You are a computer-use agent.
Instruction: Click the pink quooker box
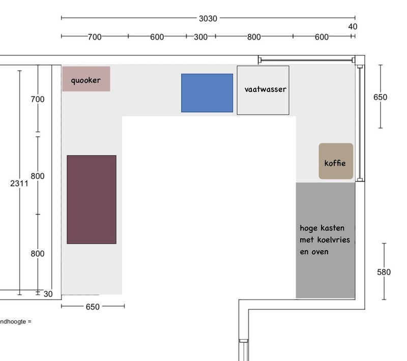pos(86,79)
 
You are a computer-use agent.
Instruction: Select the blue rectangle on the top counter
pos(207,93)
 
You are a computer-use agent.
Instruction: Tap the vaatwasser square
pos(263,90)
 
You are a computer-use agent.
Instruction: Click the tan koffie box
pos(336,161)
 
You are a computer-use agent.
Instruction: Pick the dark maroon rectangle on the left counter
pos(92,199)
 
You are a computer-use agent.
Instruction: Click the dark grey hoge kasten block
pos(325,240)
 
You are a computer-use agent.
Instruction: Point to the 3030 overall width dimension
pos(208,19)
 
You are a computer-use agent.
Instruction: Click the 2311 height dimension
pos(19,184)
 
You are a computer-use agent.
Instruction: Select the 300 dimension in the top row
pos(200,37)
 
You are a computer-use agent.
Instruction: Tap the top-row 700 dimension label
pos(95,37)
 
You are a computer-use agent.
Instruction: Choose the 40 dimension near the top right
pos(353,27)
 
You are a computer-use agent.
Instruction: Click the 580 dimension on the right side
pos(384,272)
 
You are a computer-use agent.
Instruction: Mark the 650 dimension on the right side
pos(380,97)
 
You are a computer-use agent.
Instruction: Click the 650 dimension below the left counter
pos(93,307)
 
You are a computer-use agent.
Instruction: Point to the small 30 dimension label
pos(48,294)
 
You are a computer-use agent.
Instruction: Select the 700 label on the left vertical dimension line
pos(38,99)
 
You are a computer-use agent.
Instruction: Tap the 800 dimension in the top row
pos(254,37)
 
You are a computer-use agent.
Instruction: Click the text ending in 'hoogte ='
pos(16,321)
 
